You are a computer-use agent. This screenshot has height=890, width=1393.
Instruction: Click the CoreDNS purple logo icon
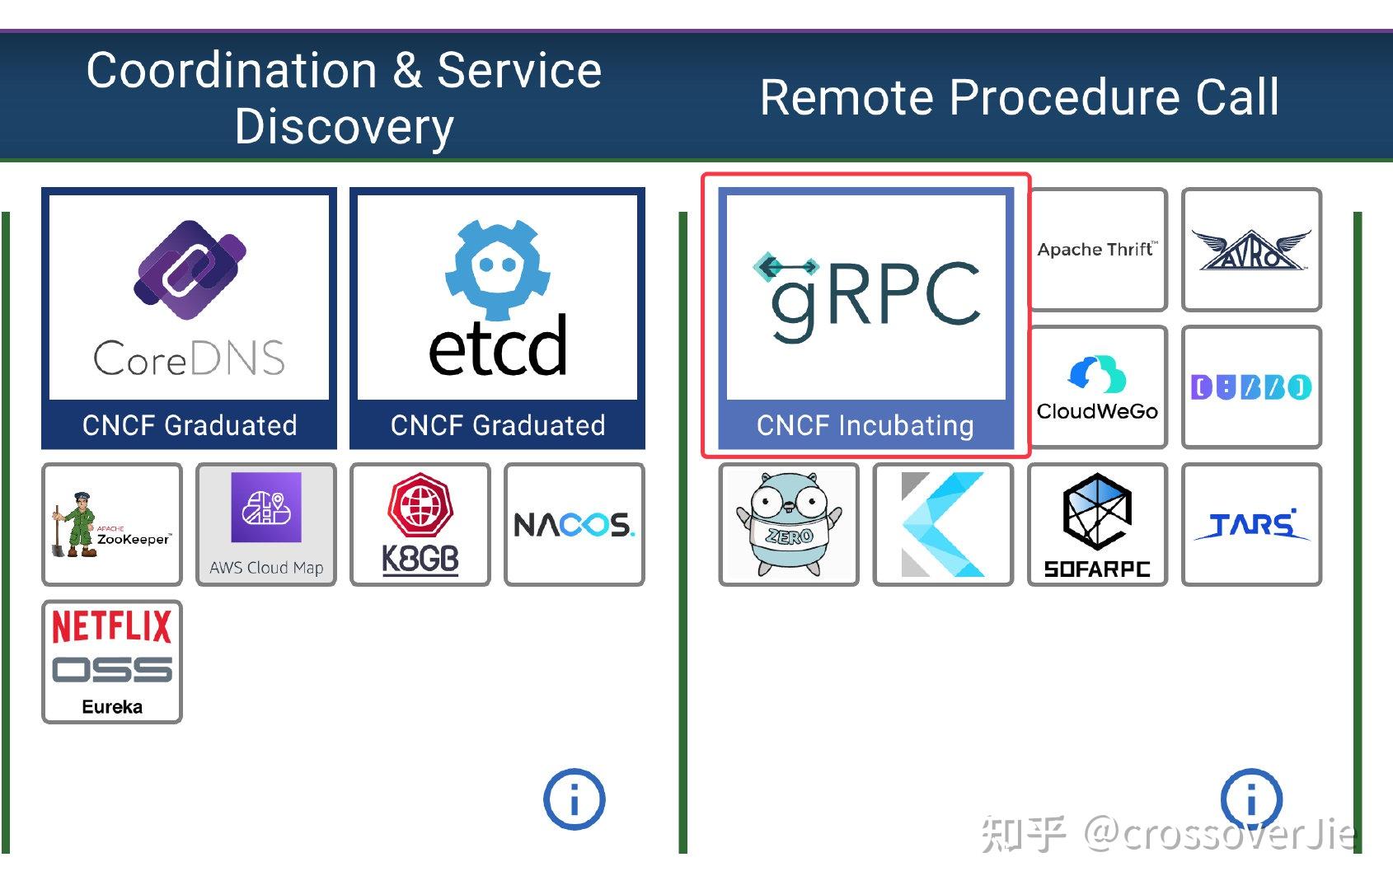[190, 269]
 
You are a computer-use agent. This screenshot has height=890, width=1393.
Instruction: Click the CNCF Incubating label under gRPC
[865, 425]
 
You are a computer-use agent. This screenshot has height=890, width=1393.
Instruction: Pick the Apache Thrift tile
[1097, 250]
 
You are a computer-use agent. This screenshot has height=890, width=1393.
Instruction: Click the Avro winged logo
[1251, 250]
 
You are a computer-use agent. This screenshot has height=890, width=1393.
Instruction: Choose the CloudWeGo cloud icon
[1097, 374]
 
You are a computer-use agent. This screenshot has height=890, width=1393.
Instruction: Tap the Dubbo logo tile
[1251, 387]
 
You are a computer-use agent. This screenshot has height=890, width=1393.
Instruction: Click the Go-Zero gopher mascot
[789, 525]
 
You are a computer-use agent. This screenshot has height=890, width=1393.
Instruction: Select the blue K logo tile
[943, 525]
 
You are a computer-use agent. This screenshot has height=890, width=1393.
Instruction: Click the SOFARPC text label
[1097, 569]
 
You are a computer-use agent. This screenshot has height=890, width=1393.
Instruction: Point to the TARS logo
[1251, 525]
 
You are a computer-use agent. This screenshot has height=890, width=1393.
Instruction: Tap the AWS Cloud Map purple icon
[266, 508]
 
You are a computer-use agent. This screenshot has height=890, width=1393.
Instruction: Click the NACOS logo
[575, 525]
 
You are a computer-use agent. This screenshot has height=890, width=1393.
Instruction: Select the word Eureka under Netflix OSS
[112, 706]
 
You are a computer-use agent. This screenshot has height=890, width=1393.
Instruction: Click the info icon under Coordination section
[575, 799]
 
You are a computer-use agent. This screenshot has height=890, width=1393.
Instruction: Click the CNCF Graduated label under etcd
[498, 425]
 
